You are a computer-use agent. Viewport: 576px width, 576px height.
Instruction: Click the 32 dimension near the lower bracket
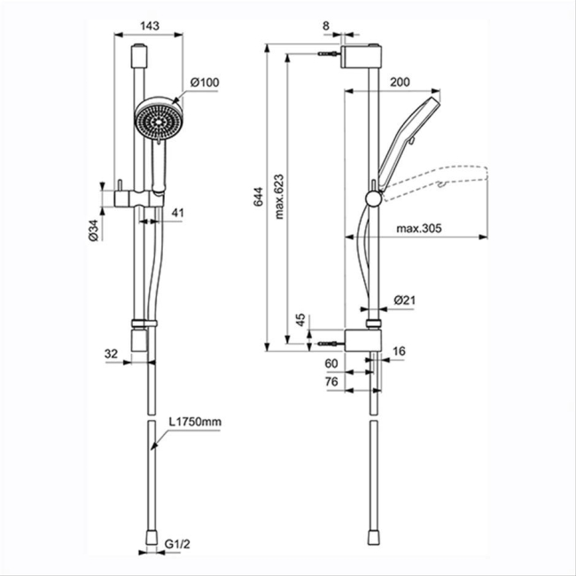coord(112,354)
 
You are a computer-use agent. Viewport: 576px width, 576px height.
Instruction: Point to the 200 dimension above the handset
coord(399,82)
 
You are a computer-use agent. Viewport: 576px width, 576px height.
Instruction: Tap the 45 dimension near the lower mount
coord(300,319)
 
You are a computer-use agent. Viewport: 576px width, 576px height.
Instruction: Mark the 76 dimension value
coord(332,382)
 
